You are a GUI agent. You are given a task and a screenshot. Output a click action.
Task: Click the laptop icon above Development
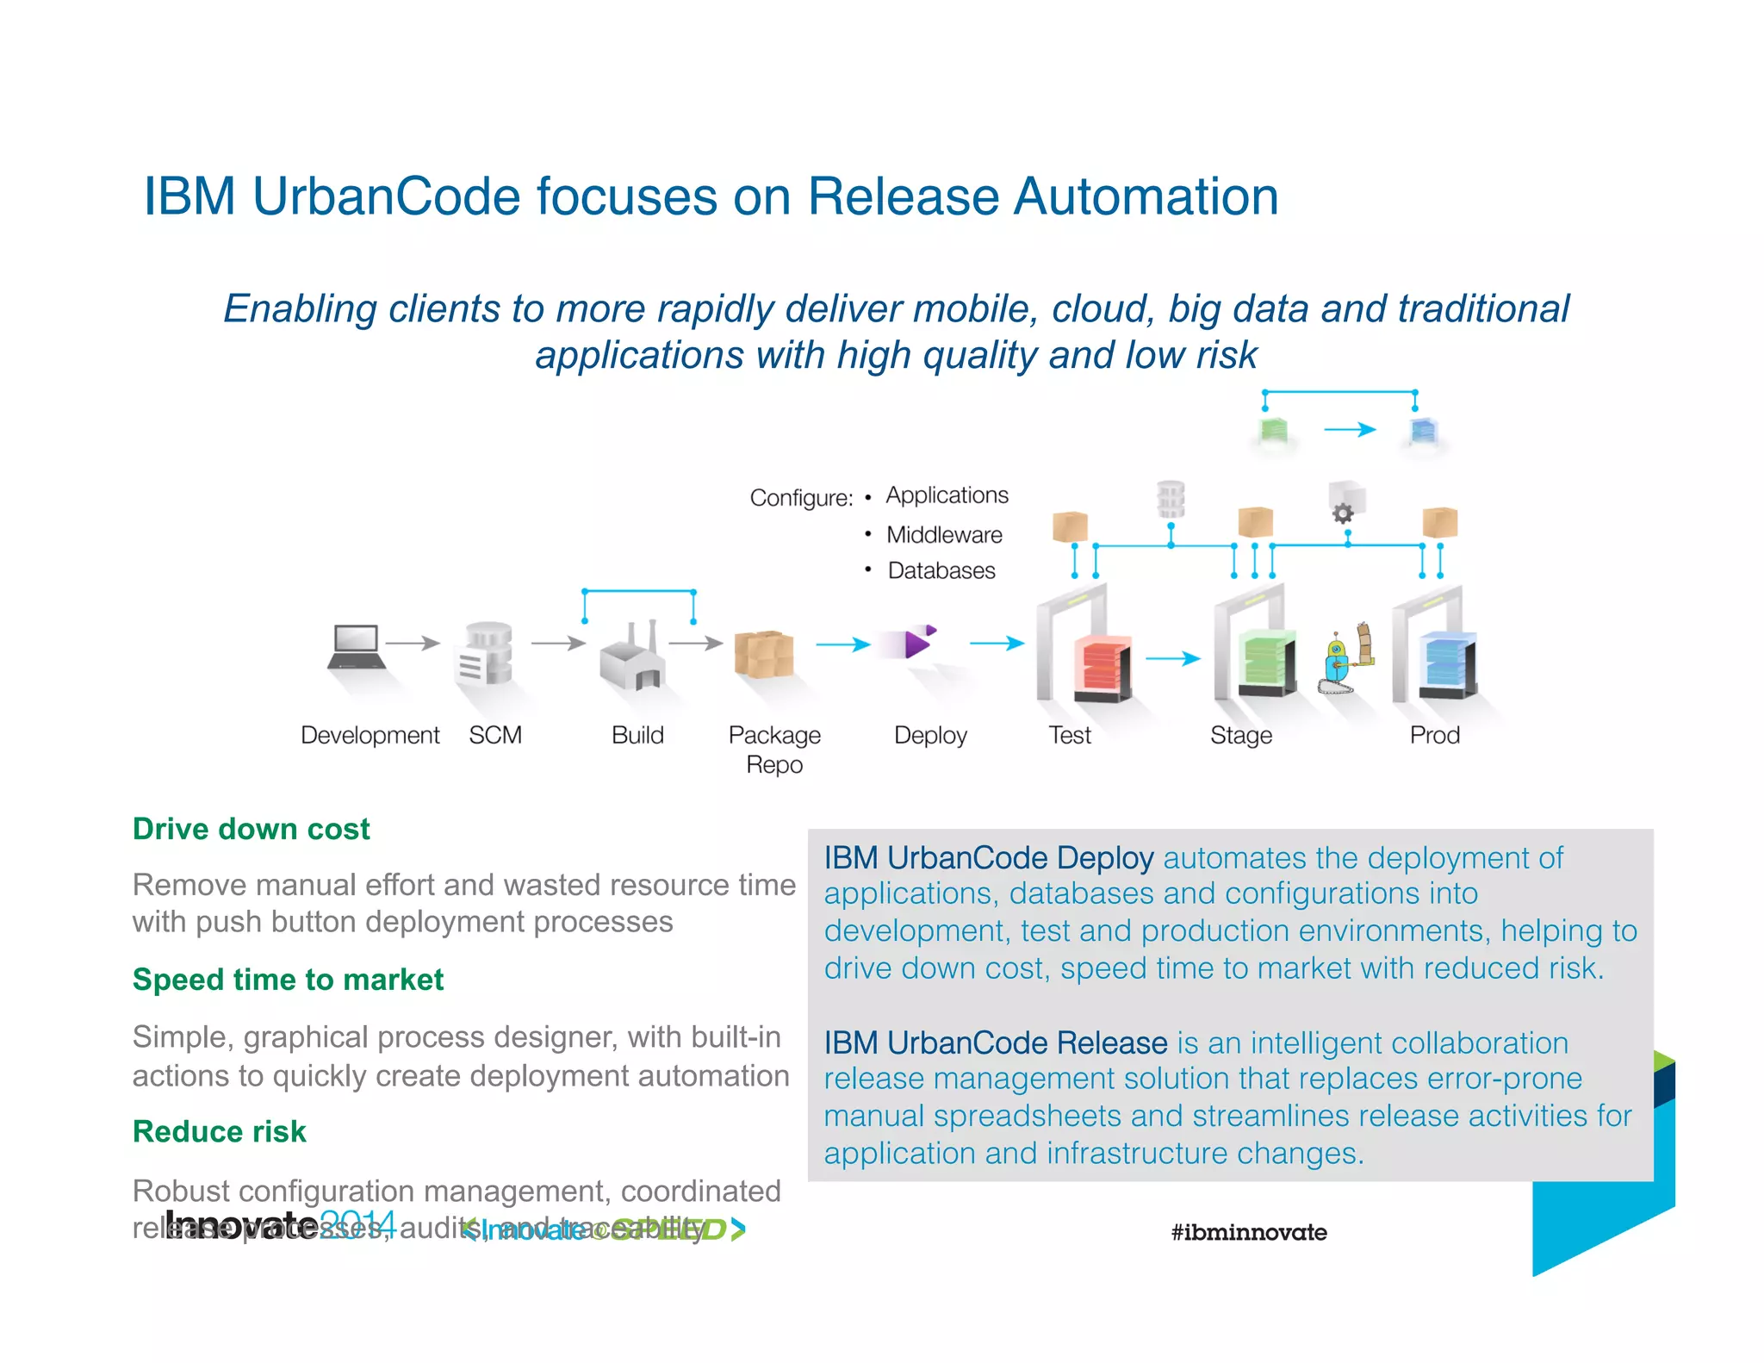point(356,647)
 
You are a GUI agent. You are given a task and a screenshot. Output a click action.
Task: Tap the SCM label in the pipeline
point(495,735)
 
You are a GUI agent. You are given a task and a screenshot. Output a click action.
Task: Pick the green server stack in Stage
point(1266,663)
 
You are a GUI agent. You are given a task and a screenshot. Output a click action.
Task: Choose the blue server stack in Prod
point(1449,664)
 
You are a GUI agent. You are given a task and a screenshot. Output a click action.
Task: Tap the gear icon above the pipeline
point(1343,513)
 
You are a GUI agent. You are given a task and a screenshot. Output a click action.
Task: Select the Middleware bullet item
point(944,535)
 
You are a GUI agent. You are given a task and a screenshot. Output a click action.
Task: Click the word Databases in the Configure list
point(941,571)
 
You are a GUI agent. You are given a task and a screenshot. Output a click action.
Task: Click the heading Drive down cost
point(251,829)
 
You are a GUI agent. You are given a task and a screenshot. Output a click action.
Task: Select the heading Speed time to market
point(288,980)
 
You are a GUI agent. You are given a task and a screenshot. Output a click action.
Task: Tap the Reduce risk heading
point(220,1131)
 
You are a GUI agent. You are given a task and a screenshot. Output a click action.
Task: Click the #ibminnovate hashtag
point(1248,1232)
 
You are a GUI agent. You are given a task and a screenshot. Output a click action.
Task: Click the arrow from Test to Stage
point(1172,658)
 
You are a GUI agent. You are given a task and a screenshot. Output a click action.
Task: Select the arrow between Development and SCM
point(413,643)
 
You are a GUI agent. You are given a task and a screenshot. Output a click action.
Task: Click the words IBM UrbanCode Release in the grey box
point(995,1042)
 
